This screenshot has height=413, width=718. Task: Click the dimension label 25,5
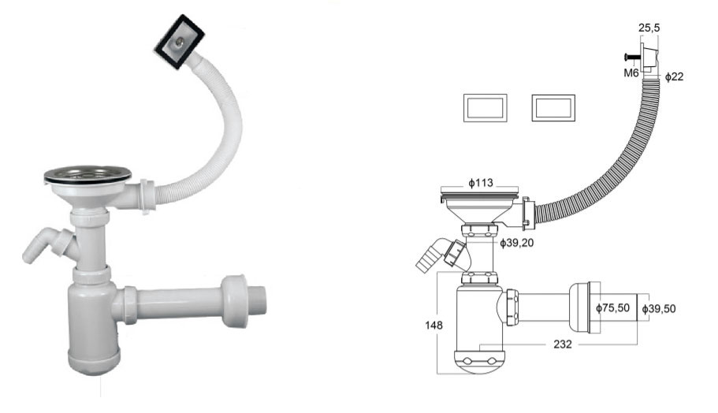click(x=649, y=28)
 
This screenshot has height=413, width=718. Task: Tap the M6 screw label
click(x=631, y=73)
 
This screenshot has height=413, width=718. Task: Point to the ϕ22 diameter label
click(x=674, y=76)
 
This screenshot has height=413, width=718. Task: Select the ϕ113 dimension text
click(x=480, y=183)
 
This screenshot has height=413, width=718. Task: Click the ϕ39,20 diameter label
click(x=516, y=243)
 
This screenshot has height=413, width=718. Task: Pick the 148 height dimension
click(x=433, y=325)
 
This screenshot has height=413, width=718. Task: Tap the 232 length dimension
click(x=562, y=344)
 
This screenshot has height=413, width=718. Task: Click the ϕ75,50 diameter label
click(x=612, y=308)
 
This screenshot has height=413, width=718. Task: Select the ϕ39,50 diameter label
click(x=658, y=309)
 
